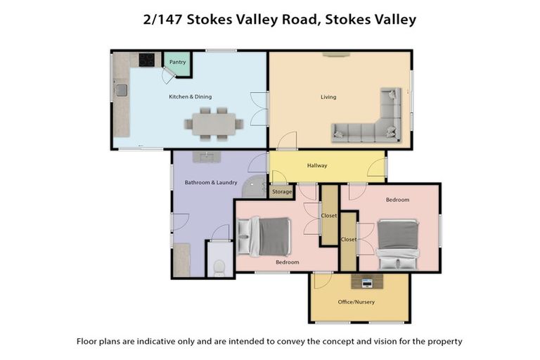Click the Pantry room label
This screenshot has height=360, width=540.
point(177,62)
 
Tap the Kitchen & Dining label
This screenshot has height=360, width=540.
point(190,97)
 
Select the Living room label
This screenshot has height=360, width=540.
point(328,97)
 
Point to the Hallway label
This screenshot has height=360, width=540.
point(317,166)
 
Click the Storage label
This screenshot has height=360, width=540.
point(281,191)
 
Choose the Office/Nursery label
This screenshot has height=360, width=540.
point(358,302)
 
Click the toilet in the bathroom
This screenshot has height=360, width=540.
point(219,267)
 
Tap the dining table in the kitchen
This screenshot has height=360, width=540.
point(213,124)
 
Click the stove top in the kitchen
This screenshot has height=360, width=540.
point(146,60)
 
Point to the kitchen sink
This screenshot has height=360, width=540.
point(122,90)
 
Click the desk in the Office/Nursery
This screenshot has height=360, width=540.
point(367,282)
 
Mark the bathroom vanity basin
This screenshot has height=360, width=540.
point(207,157)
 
